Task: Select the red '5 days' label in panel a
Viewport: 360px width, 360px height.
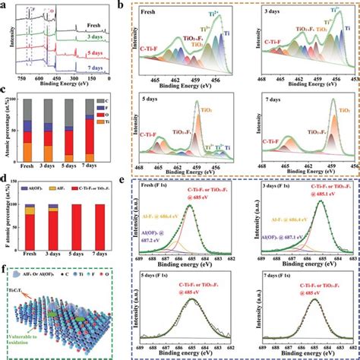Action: point(93,53)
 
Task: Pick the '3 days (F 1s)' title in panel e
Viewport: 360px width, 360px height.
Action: point(282,188)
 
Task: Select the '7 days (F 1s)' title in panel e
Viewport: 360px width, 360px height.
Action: point(282,273)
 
